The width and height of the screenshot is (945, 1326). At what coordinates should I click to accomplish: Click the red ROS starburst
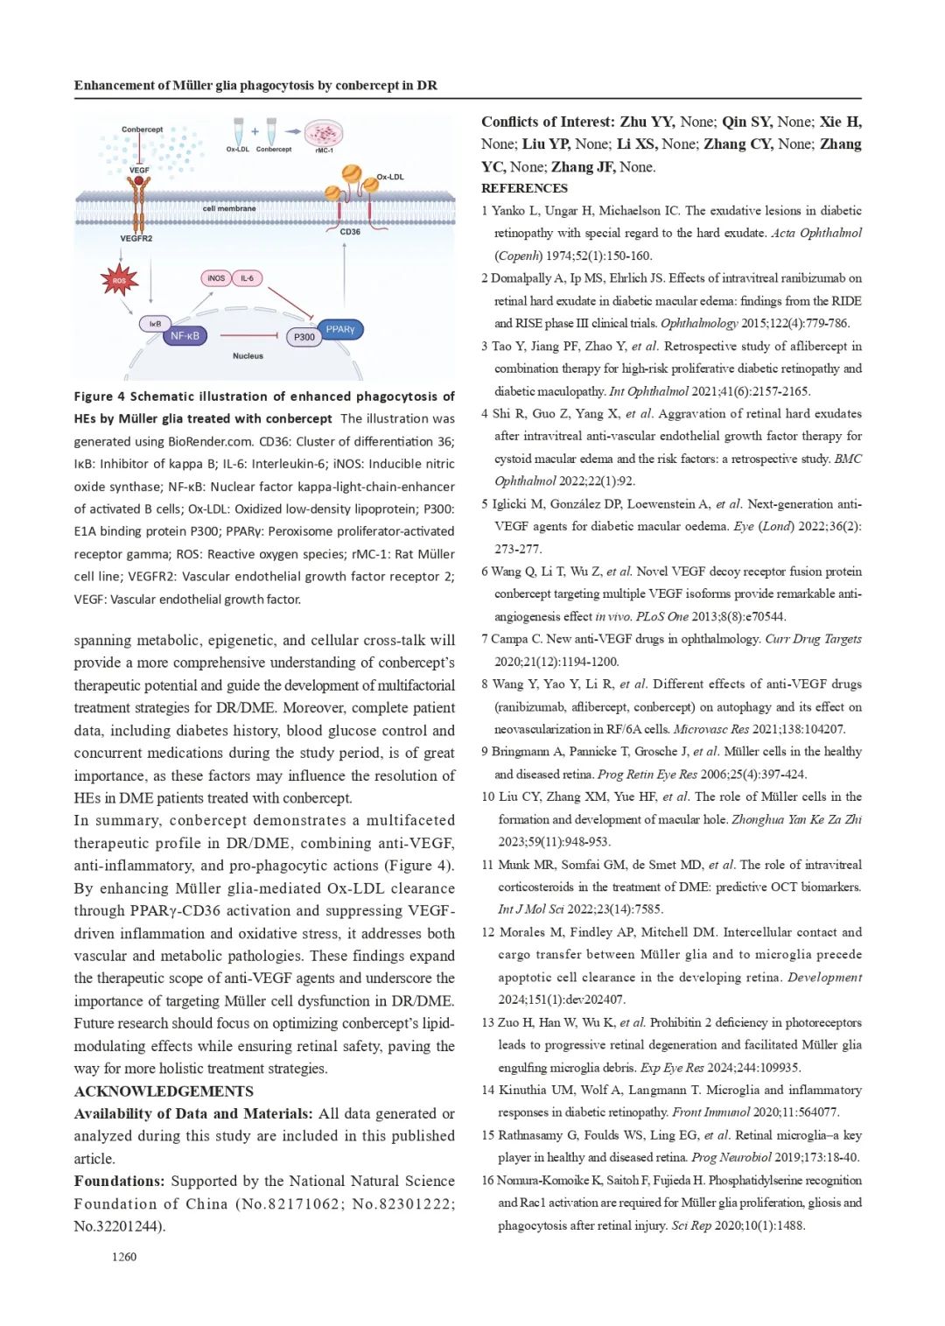(x=119, y=280)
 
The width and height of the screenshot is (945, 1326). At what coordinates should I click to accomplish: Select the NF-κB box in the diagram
(x=185, y=335)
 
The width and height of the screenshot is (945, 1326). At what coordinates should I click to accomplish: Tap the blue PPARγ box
(x=339, y=330)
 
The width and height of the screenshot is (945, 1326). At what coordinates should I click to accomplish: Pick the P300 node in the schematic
(x=304, y=337)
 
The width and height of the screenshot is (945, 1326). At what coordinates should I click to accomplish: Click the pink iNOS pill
(x=215, y=278)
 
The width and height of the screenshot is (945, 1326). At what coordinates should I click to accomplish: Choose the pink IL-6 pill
(x=247, y=278)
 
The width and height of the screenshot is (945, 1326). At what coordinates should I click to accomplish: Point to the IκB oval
(x=155, y=324)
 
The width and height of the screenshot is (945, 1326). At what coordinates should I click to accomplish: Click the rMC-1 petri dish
(x=324, y=134)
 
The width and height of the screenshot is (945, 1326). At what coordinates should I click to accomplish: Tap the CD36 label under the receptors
(x=350, y=232)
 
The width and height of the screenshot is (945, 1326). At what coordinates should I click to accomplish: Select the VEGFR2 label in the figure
(x=136, y=238)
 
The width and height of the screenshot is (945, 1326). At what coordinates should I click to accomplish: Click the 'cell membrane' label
(x=229, y=208)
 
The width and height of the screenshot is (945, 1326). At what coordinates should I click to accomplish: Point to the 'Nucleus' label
(x=248, y=356)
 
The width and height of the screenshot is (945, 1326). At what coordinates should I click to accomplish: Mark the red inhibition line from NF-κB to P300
(x=249, y=335)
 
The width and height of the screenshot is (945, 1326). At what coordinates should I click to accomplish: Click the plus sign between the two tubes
(x=255, y=131)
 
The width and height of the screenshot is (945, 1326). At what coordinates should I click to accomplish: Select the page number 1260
(x=123, y=1257)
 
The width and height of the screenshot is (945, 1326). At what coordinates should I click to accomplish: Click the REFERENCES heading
(x=524, y=188)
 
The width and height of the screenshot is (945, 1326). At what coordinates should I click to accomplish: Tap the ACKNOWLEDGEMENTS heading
(x=164, y=1091)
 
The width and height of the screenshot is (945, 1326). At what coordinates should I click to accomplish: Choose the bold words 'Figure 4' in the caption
(x=100, y=396)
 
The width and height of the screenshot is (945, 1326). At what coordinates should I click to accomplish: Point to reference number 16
(x=488, y=1181)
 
